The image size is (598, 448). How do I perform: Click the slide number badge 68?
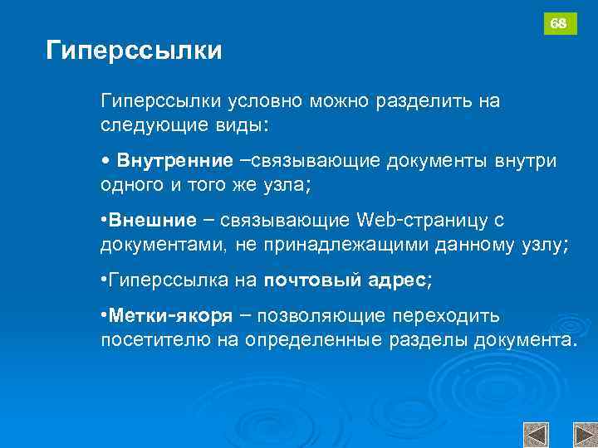click(560, 24)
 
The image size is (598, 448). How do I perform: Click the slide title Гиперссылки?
click(134, 51)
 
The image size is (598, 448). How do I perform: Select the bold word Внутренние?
click(174, 159)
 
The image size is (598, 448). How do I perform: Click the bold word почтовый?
click(310, 280)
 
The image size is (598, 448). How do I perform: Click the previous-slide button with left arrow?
click(536, 435)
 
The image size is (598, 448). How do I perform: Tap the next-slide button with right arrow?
click(585, 435)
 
